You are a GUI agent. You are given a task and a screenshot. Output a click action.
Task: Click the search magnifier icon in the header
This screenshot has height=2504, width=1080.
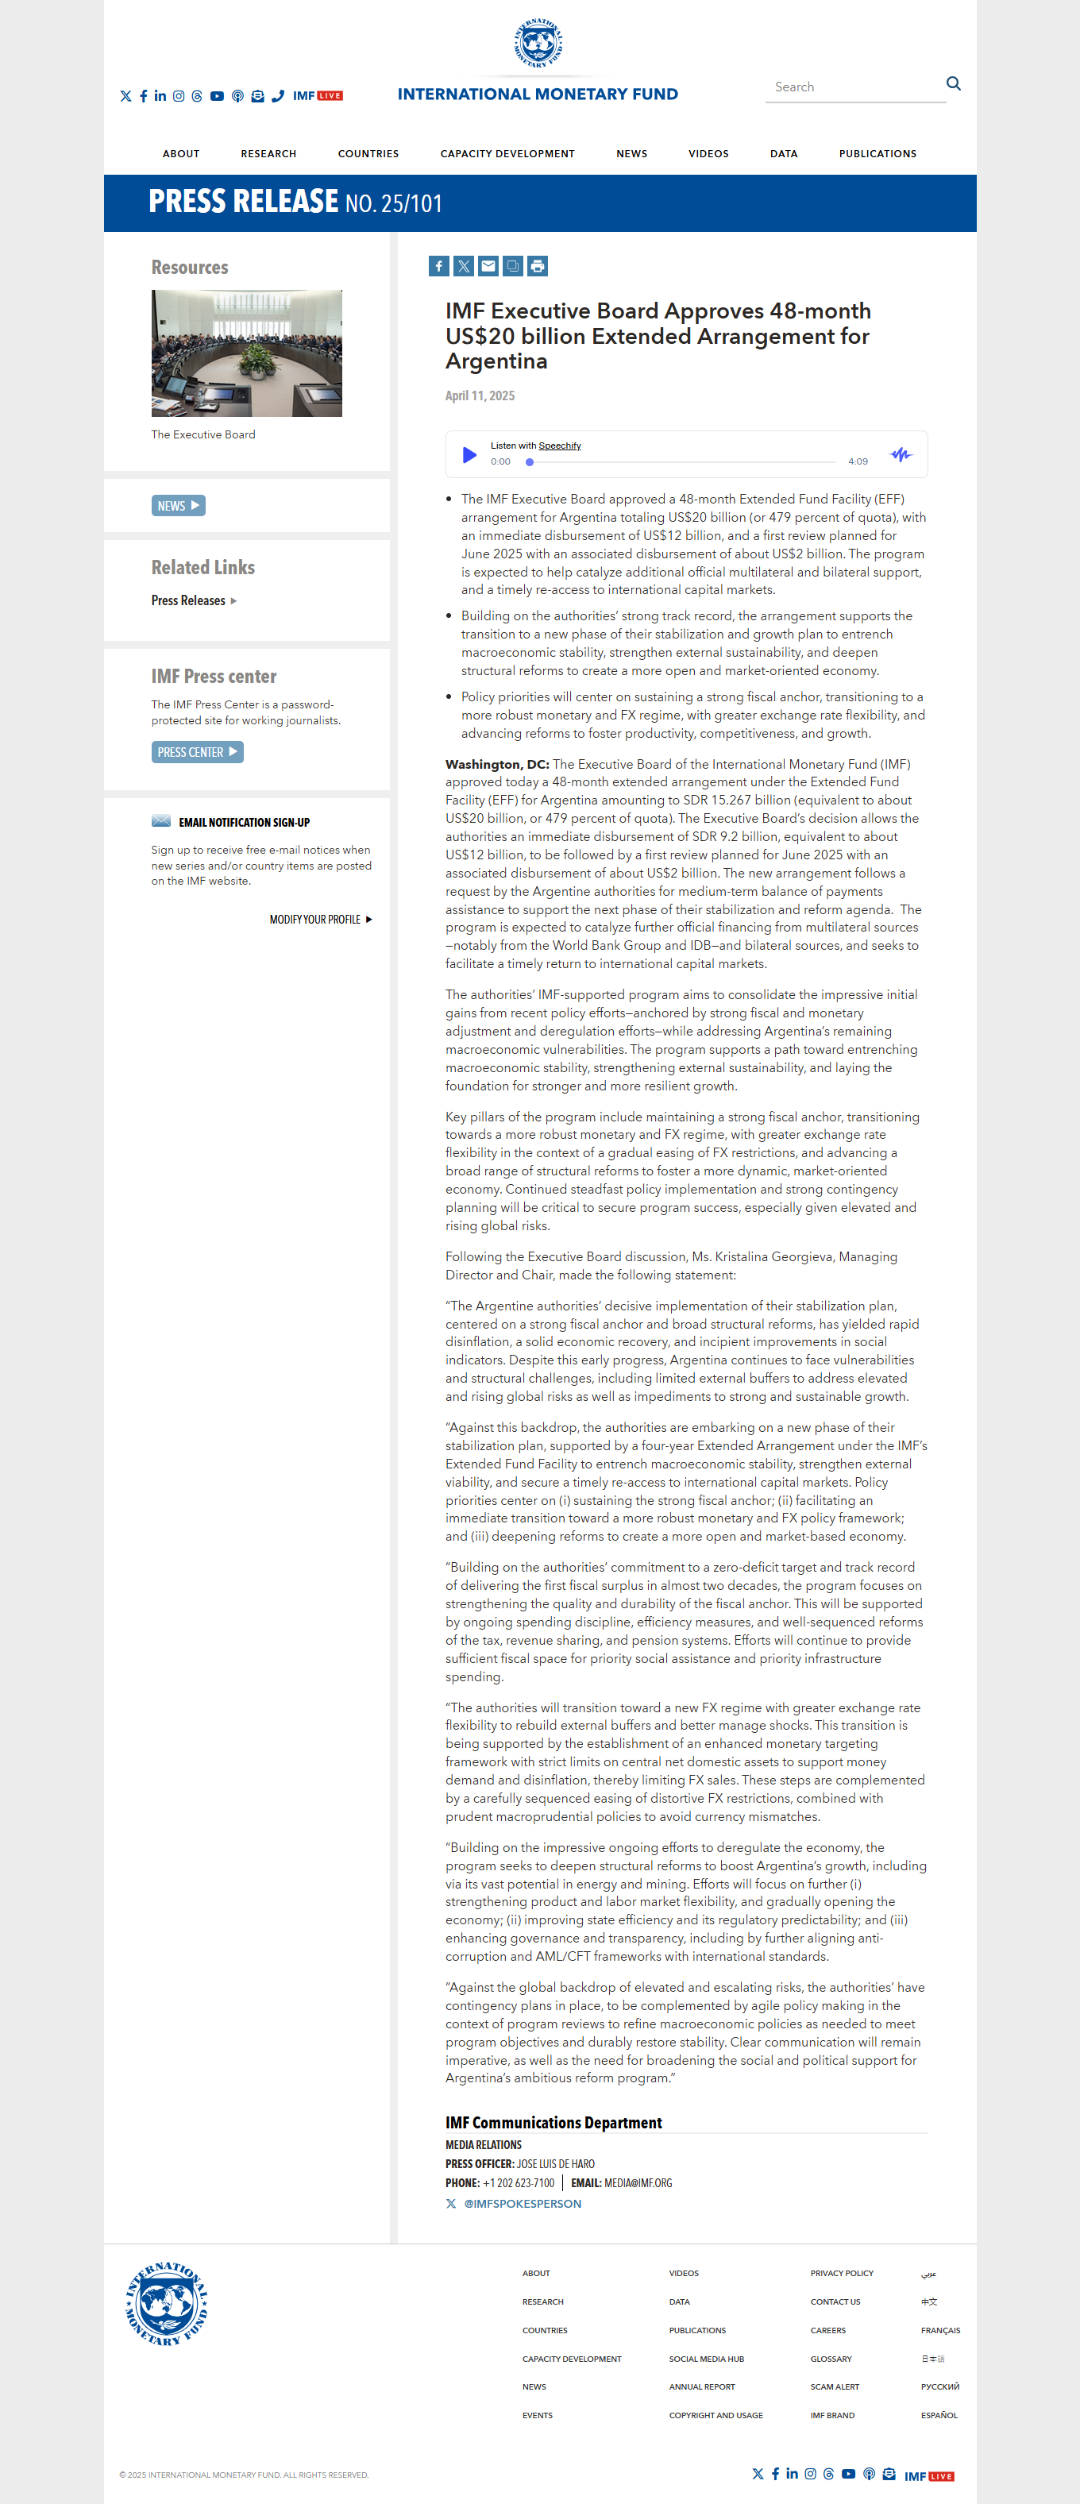click(954, 83)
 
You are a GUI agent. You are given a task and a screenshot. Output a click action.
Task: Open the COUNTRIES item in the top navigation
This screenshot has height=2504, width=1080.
click(368, 153)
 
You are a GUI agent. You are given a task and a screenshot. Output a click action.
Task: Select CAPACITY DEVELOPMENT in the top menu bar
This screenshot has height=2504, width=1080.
click(507, 153)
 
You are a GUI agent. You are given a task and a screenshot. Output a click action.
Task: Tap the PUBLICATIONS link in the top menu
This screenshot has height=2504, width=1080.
click(877, 153)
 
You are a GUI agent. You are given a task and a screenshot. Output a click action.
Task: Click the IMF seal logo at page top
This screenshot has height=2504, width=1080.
click(538, 44)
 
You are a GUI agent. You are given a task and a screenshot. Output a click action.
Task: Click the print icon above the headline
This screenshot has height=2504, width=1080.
click(538, 266)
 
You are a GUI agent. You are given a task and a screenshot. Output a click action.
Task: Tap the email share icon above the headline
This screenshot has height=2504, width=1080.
click(488, 266)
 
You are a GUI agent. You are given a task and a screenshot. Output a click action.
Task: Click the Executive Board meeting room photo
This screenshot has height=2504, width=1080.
click(246, 353)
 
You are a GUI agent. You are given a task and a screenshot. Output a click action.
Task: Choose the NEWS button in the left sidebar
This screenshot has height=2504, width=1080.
click(178, 505)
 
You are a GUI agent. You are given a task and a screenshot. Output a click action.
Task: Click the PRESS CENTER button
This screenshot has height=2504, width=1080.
click(196, 752)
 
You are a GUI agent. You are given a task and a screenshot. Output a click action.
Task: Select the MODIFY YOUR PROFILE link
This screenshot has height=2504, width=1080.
click(320, 920)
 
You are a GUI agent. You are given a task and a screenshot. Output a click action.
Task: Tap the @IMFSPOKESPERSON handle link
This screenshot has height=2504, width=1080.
click(522, 2204)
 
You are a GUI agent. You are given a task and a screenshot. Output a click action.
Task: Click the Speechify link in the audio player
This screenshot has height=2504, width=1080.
click(559, 446)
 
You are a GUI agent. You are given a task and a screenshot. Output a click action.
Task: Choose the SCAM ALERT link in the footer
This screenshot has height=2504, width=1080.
click(834, 2386)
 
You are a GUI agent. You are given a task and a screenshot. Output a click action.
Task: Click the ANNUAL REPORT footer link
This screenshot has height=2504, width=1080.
click(701, 2386)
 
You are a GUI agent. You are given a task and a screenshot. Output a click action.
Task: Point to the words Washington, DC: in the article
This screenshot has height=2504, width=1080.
click(497, 764)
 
